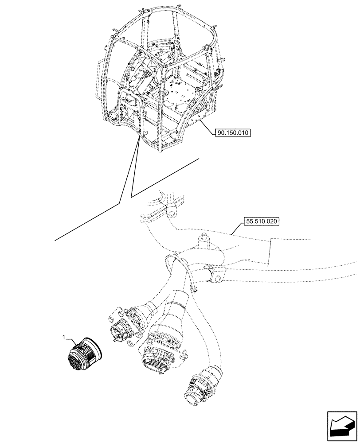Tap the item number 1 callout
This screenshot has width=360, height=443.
(x=64, y=338)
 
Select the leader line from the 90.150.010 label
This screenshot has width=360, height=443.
(x=208, y=126)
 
